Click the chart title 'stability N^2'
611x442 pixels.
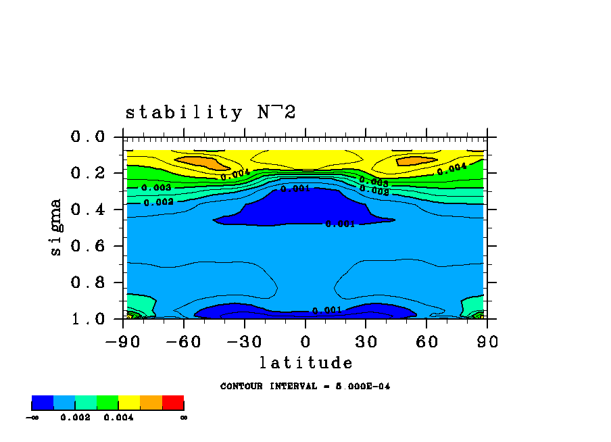pyautogui.click(x=210, y=112)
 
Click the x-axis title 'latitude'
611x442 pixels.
pyautogui.click(x=306, y=363)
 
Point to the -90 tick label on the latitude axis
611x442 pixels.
pyautogui.click(x=122, y=341)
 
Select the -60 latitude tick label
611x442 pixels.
pyautogui.click(x=184, y=341)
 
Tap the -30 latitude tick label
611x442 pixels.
pyautogui.click(x=245, y=341)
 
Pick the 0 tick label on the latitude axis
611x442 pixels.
pyautogui.click(x=305, y=341)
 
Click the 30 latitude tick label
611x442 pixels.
pyautogui.click(x=366, y=341)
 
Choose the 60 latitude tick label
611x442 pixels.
pyautogui.click(x=426, y=341)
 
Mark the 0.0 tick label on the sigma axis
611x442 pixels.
pyautogui.click(x=88, y=137)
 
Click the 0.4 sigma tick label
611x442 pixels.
pyautogui.click(x=88, y=210)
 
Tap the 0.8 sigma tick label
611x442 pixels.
pyautogui.click(x=88, y=283)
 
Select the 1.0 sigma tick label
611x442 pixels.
pyautogui.click(x=88, y=319)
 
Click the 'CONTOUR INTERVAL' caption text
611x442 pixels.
pyautogui.click(x=305, y=387)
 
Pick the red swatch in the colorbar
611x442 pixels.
pyautogui.click(x=173, y=403)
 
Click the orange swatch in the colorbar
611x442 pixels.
pyautogui.click(x=151, y=403)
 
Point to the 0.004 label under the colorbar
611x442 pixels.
pyautogui.click(x=118, y=418)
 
